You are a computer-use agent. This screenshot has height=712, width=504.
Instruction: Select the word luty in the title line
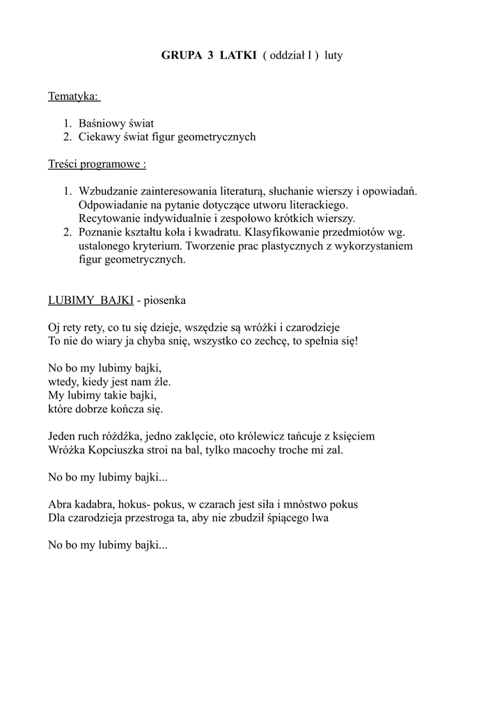(x=333, y=56)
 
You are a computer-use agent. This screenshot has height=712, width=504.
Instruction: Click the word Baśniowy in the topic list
(x=102, y=123)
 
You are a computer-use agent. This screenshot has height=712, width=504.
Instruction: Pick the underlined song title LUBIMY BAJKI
(x=90, y=300)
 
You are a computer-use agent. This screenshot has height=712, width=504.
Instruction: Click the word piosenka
(x=165, y=300)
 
